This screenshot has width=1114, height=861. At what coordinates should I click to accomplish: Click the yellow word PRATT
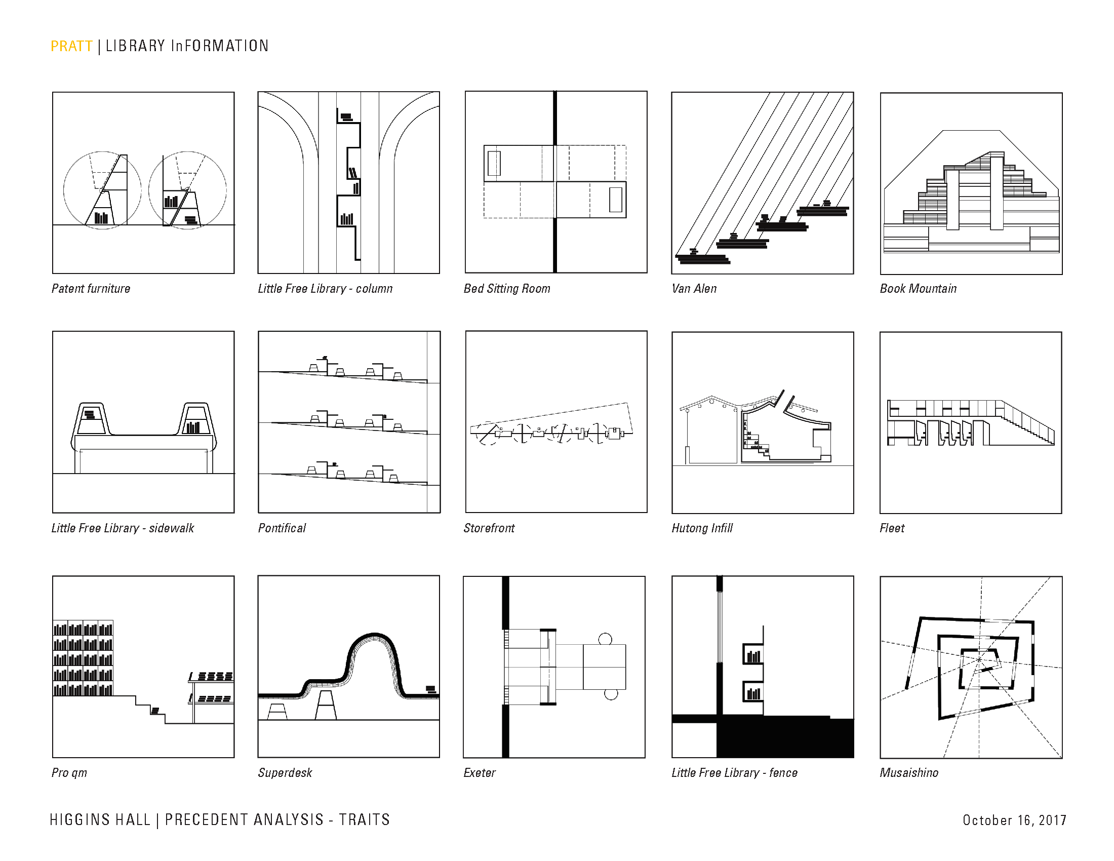pyautogui.click(x=71, y=47)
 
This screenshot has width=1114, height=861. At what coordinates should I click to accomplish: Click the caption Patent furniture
pyautogui.click(x=91, y=289)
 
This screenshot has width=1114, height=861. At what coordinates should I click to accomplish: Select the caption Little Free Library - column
pyautogui.click(x=325, y=289)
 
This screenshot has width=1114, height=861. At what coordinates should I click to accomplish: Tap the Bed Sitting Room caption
pyautogui.click(x=506, y=289)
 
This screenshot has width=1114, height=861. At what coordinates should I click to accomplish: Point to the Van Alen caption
pyautogui.click(x=694, y=289)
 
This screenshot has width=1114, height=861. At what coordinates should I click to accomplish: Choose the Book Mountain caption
pyautogui.click(x=918, y=289)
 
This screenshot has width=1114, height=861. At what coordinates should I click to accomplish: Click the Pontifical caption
pyautogui.click(x=282, y=528)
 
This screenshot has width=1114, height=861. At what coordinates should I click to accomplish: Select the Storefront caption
pyautogui.click(x=489, y=528)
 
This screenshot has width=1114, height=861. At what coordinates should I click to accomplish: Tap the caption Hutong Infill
pyautogui.click(x=702, y=528)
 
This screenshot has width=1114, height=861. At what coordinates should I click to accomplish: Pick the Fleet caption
pyautogui.click(x=892, y=528)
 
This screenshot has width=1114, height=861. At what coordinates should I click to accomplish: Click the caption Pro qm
pyautogui.click(x=69, y=773)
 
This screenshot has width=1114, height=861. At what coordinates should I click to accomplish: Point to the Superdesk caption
pyautogui.click(x=285, y=773)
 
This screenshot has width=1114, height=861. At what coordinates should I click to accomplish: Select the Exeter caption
pyautogui.click(x=480, y=773)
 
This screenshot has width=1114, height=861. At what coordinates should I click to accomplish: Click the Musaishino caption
pyautogui.click(x=909, y=773)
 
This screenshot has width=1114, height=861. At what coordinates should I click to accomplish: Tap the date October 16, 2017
pyautogui.click(x=1014, y=820)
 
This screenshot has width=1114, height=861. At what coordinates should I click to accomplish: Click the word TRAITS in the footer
pyautogui.click(x=364, y=819)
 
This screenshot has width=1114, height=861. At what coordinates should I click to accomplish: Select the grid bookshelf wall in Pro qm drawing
pyautogui.click(x=83, y=658)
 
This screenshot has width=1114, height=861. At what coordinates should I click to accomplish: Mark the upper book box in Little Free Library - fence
pyautogui.click(x=753, y=654)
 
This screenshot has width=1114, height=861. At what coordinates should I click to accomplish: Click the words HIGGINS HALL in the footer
pyautogui.click(x=100, y=819)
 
